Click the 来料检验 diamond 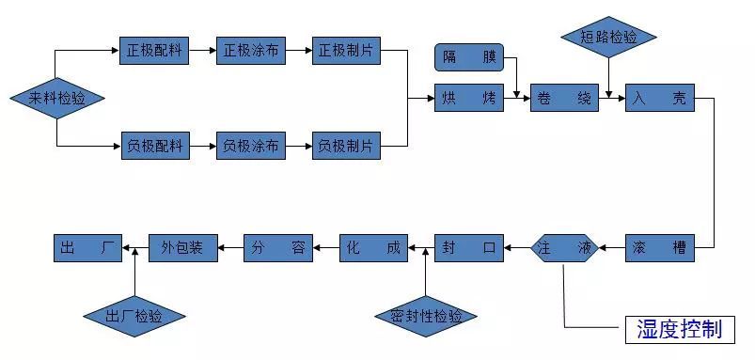[56, 98]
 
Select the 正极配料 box [154, 51]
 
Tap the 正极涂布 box [250, 51]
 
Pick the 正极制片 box [346, 51]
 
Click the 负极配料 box [154, 146]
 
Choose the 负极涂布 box [250, 146]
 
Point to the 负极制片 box [346, 146]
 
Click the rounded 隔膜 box [468, 58]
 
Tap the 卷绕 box [564, 98]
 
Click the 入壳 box [659, 98]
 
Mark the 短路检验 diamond [609, 38]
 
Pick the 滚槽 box [659, 248]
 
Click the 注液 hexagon [564, 248]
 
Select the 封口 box [468, 248]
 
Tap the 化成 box [373, 248]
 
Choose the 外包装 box [182, 248]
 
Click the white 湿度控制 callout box [679, 328]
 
